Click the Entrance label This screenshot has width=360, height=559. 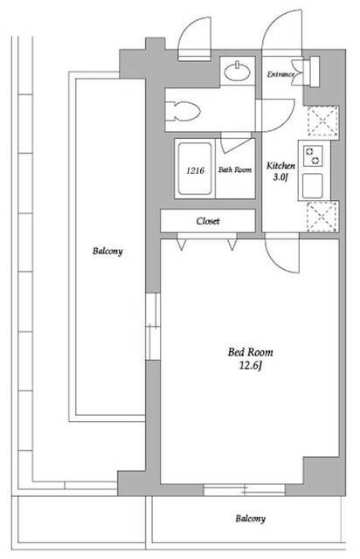pyautogui.click(x=281, y=74)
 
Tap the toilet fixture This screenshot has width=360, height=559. pyautogui.click(x=183, y=111)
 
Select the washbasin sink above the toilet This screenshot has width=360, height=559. pyautogui.click(x=237, y=71)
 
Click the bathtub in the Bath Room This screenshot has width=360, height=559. pyautogui.click(x=195, y=169)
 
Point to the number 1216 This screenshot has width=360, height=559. pyautogui.click(x=195, y=170)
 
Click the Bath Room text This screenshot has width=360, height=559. pyautogui.click(x=235, y=169)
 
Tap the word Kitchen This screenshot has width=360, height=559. pyautogui.click(x=280, y=166)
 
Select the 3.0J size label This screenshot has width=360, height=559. pyautogui.click(x=280, y=177)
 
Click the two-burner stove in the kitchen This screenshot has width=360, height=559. pyautogui.click(x=313, y=156)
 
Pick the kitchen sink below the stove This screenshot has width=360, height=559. pyautogui.click(x=313, y=186)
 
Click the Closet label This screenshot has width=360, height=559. pyautogui.click(x=208, y=221)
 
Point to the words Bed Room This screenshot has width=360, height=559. pyautogui.click(x=251, y=353)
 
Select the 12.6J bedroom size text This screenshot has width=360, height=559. pyautogui.click(x=251, y=366)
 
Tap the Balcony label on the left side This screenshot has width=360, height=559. pyautogui.click(x=107, y=252)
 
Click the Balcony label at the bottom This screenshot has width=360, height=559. pyautogui.click(x=250, y=519)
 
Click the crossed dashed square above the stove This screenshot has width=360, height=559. pyautogui.click(x=322, y=121)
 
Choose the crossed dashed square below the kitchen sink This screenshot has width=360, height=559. pyautogui.click(x=322, y=217)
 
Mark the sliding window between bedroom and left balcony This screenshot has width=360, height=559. pyautogui.click(x=154, y=326)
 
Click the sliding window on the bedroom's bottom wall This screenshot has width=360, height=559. pyautogui.click(x=245, y=489)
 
